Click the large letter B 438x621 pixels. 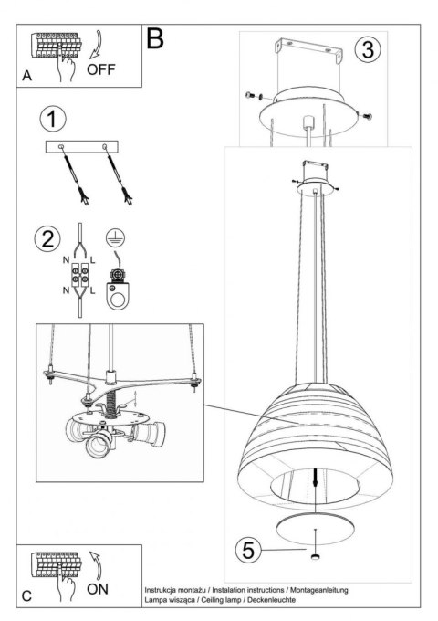coord(156,37)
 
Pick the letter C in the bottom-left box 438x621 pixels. coord(27,596)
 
